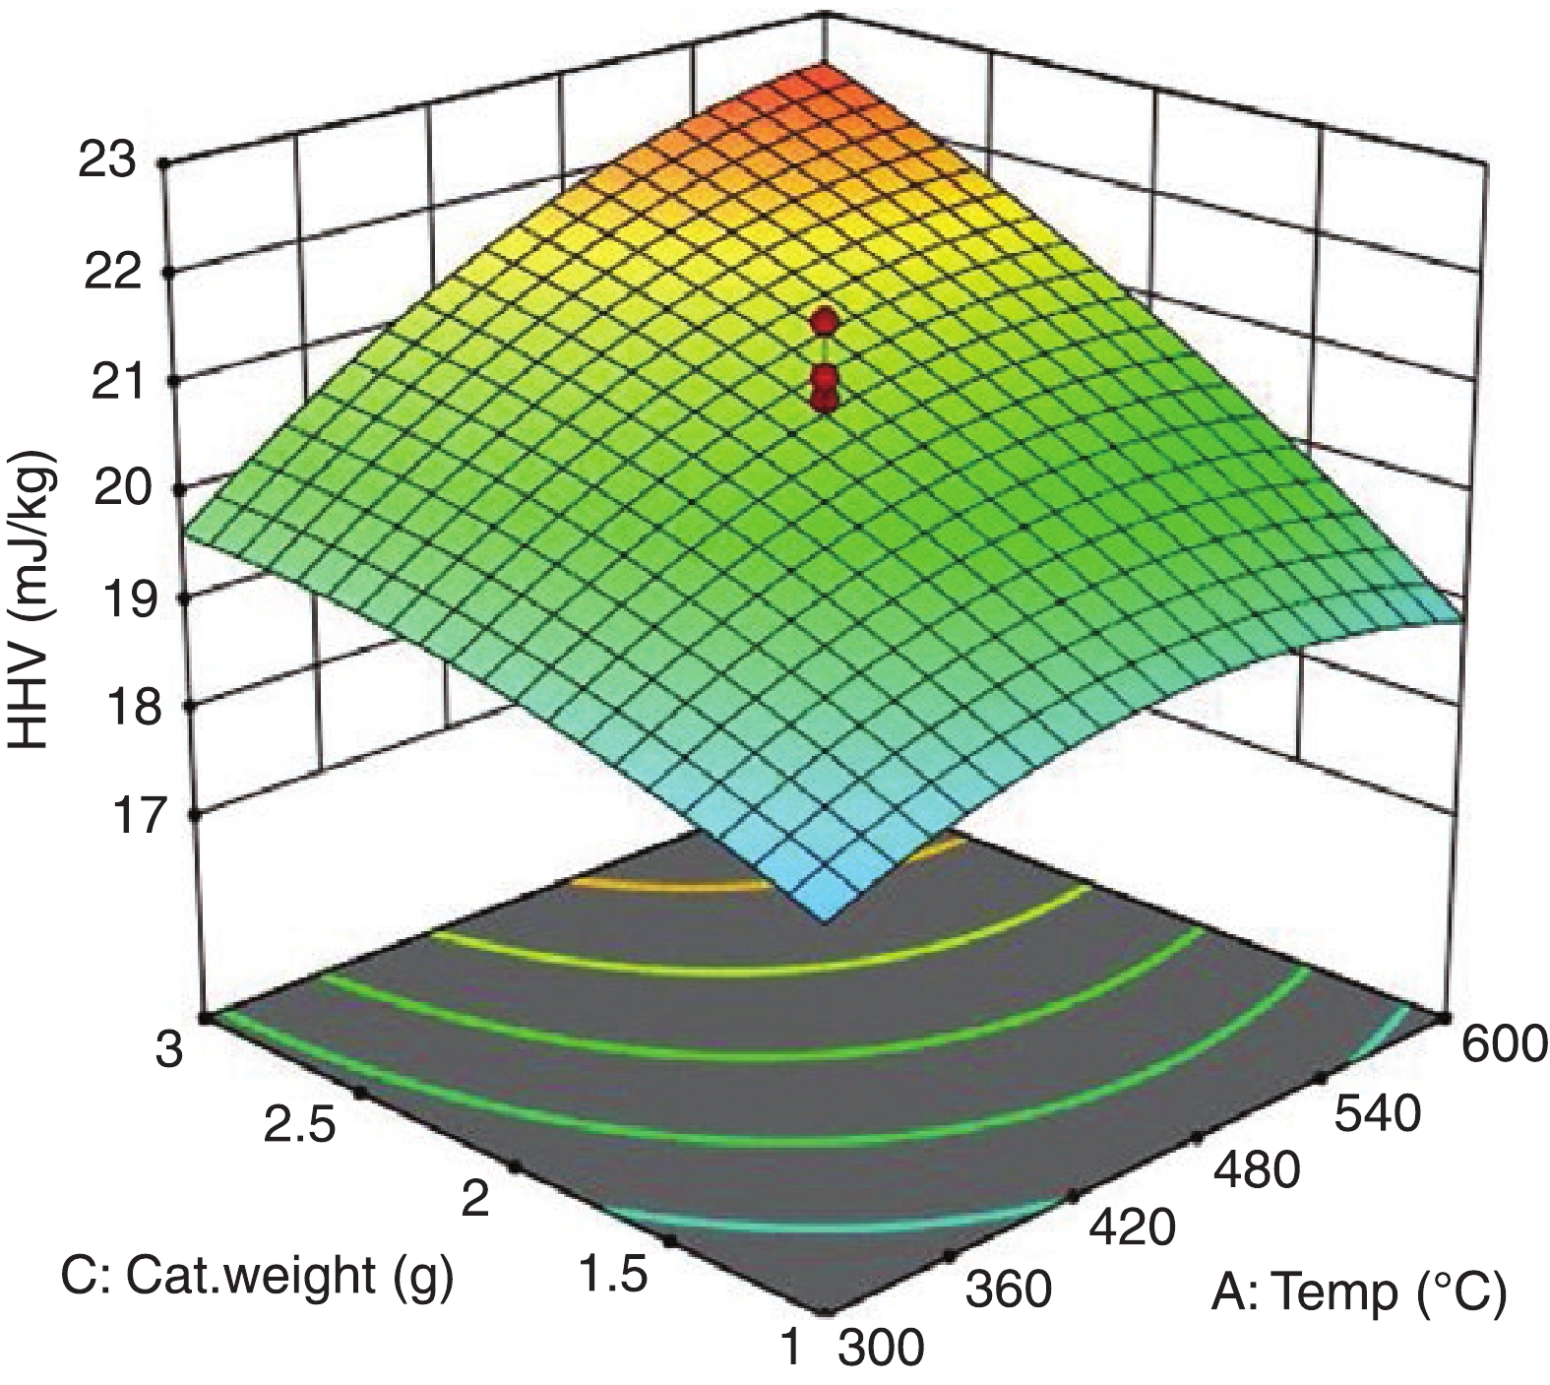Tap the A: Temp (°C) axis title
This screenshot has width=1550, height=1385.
(1358, 1292)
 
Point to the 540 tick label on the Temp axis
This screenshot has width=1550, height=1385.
(1378, 1114)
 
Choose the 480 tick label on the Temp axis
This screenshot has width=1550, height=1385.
(1256, 1171)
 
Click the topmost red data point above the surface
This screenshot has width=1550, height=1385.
(825, 321)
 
